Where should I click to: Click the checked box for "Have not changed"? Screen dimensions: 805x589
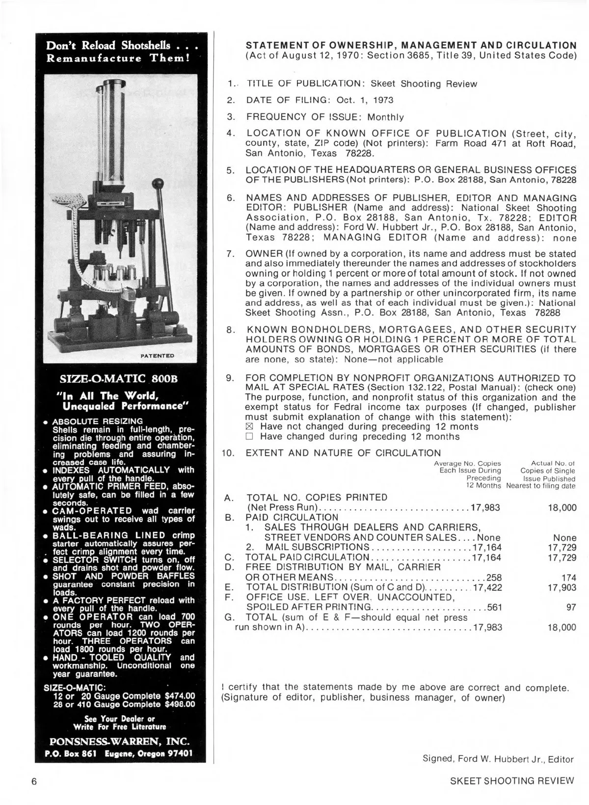point(249,427)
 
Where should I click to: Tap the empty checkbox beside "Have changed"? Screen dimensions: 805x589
point(249,437)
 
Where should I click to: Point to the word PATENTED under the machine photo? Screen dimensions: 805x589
point(157,355)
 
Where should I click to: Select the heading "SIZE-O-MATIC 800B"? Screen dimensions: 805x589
point(118,379)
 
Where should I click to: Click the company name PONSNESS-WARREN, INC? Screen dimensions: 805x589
point(120,741)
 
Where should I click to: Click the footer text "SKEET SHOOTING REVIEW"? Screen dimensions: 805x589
point(511,781)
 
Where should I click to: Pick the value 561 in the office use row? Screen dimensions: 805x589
point(494,608)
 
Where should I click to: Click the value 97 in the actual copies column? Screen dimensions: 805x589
point(571,608)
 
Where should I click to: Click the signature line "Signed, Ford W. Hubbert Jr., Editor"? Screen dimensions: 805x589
point(498,759)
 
